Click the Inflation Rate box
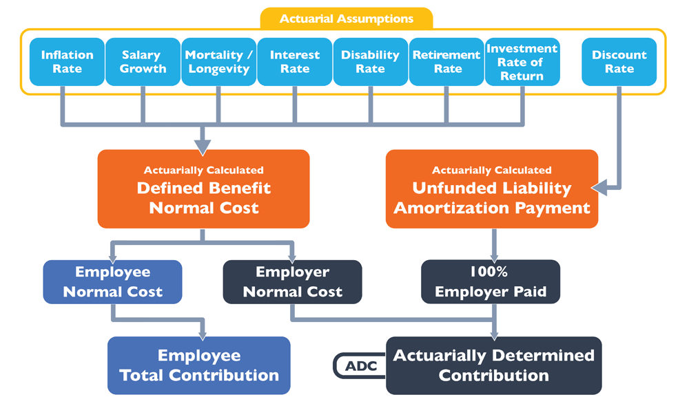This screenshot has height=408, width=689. tap(68, 62)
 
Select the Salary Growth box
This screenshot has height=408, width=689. tap(143, 62)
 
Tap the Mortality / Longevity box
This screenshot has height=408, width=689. tap(219, 62)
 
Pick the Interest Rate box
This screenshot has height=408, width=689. tap(295, 62)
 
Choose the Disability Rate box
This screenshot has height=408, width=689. tap(371, 62)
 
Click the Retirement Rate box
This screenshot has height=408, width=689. tap(446, 62)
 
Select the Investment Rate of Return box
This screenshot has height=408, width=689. tap(522, 62)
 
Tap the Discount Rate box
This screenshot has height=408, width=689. tap(619, 62)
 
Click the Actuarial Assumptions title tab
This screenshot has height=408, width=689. tap(347, 19)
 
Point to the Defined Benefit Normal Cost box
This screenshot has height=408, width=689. tap(203, 189)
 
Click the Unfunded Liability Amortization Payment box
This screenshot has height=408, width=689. tap(492, 189)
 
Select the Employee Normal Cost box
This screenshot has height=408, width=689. tap(112, 282)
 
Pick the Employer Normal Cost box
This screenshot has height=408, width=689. tap(293, 282)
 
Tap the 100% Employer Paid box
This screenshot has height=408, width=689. tap(491, 282)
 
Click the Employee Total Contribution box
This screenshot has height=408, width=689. tap(199, 365)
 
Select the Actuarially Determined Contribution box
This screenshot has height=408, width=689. tap(494, 365)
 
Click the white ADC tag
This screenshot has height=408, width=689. tap(360, 366)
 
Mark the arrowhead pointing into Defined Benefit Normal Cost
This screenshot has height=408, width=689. tap(203, 148)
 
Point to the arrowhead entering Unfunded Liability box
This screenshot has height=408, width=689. tap(599, 188)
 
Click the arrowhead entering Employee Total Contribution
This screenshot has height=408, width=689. tap(203, 336)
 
